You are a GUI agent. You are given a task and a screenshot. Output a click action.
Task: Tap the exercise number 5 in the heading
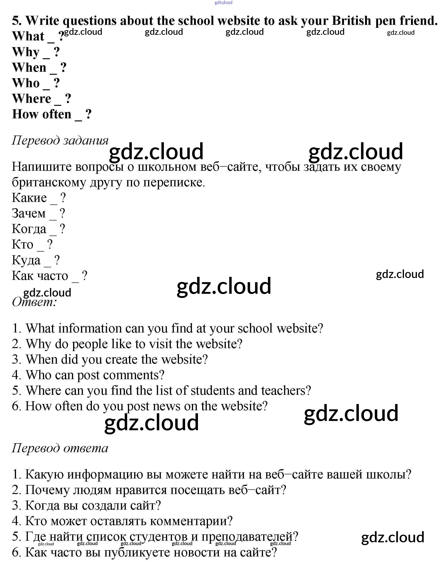pos(16,21)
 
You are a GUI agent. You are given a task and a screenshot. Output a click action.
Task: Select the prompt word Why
pos(26,52)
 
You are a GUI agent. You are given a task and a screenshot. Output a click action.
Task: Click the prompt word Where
pos(32,99)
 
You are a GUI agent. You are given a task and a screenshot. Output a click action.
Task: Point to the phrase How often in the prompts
pos(42,114)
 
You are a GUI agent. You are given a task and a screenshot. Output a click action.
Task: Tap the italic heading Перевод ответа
pos(60,448)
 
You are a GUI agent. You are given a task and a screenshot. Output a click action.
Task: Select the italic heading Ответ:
pos(34,302)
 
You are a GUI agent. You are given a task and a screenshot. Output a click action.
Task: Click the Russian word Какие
pos(29,198)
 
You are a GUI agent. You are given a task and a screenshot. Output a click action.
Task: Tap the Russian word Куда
pos(26,260)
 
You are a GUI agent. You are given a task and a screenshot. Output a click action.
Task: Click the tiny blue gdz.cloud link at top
pos(223,3)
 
